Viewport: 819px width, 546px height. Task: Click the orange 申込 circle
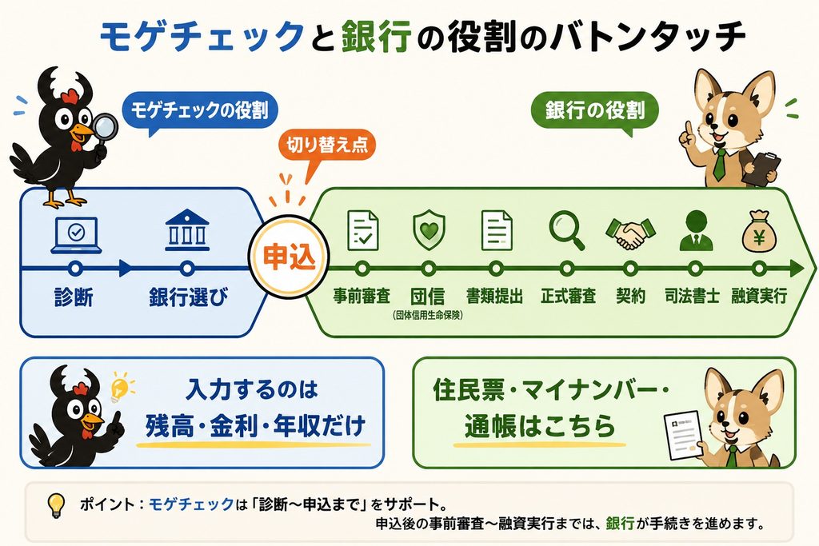coord(289,257)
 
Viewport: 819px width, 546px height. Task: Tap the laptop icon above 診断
coord(76,235)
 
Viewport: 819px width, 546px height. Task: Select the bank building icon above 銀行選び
coord(187,230)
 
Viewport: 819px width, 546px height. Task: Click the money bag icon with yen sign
coord(759,230)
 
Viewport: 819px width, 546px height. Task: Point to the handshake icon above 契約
coord(630,233)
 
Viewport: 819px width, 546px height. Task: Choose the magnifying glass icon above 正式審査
coord(566,231)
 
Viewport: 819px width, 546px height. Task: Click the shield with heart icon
coord(429,230)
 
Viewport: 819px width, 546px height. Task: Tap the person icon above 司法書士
coord(696,231)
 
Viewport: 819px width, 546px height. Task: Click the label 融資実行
coord(759,296)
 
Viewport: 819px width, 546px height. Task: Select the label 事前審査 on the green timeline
coord(362,296)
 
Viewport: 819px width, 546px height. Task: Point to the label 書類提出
coord(494,296)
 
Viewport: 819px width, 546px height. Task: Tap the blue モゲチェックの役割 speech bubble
coord(199,112)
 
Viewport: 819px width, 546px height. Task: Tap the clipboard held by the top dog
coord(761,167)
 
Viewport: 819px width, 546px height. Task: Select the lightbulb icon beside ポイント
coord(56,505)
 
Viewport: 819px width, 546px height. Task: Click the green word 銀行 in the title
coord(376,37)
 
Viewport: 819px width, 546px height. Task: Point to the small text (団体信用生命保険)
coord(428,315)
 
